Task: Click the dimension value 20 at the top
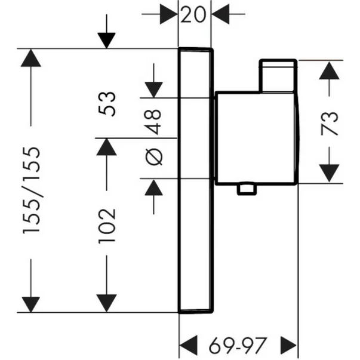(193, 14)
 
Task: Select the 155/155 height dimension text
(32, 190)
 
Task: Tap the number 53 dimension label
(107, 104)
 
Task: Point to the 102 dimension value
(107, 226)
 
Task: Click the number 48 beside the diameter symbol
(153, 122)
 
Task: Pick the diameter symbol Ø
(154, 157)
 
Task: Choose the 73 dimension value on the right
(330, 124)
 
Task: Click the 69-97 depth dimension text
(238, 345)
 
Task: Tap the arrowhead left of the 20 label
(169, 14)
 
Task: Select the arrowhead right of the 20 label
(220, 14)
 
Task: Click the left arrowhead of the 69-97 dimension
(188, 345)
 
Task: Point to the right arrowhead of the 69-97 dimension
(289, 345)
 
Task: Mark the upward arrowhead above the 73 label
(329, 70)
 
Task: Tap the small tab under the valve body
(247, 189)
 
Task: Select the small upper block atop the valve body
(278, 76)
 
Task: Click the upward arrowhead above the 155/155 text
(31, 58)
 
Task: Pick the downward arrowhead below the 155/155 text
(31, 304)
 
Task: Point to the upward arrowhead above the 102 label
(106, 147)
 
